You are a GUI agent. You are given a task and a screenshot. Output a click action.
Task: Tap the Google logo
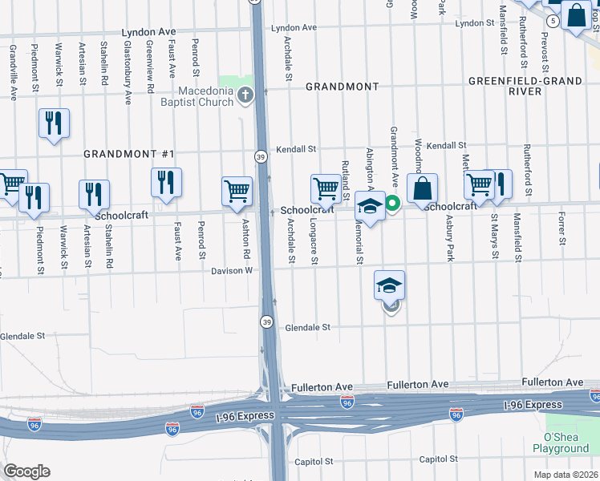pos(26,471)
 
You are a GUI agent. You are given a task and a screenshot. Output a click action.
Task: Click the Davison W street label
pos(232,270)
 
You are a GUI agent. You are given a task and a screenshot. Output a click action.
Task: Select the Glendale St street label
pos(308,327)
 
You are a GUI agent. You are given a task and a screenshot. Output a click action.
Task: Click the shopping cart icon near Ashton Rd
pos(237,191)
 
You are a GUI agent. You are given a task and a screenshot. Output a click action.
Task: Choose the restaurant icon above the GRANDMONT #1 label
pos(54,123)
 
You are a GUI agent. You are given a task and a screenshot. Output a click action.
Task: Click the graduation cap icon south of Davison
pos(389,285)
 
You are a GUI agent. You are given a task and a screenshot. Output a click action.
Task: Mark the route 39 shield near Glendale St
pos(266,321)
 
